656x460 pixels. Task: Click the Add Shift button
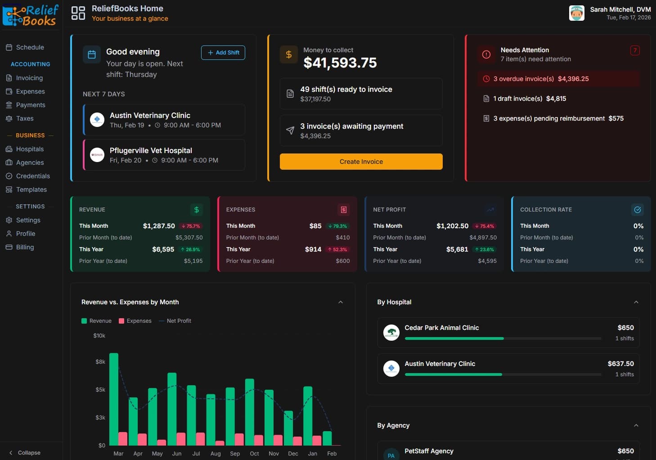(223, 53)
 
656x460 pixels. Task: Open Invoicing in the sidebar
(29, 78)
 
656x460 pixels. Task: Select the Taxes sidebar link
(25, 118)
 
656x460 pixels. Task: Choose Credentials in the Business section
(33, 176)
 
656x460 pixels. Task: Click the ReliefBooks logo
(31, 15)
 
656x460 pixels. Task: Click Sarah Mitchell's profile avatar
(576, 13)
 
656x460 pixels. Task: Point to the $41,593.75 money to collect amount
(340, 63)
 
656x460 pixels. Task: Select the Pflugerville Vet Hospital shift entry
(164, 155)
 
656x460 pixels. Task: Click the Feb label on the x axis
(332, 453)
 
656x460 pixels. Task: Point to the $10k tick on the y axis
(99, 336)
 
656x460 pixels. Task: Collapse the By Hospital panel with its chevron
(636, 302)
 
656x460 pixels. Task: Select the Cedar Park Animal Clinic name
(441, 328)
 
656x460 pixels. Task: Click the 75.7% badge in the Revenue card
(191, 226)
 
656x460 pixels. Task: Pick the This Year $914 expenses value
(313, 249)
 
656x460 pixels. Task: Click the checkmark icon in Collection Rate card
(637, 210)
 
